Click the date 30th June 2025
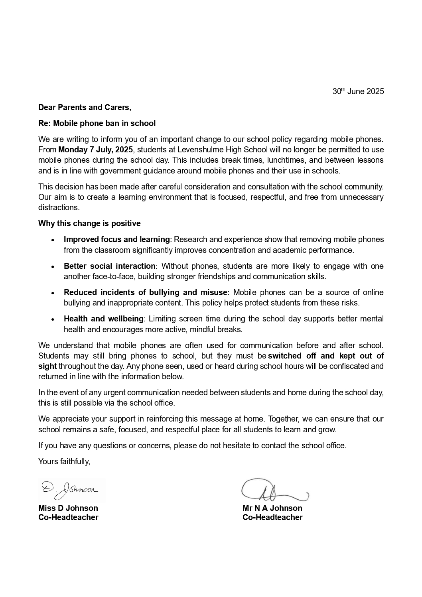(358, 91)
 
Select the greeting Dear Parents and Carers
(85, 107)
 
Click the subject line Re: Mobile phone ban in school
(97, 123)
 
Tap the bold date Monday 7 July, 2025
(96, 150)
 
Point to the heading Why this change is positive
(89, 223)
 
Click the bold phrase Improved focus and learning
(117, 239)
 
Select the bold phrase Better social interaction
(110, 266)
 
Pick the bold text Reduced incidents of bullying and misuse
(146, 292)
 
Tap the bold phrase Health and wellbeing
(104, 319)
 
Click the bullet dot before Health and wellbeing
(53, 319)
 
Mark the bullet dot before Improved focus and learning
(53, 240)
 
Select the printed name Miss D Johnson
(68, 508)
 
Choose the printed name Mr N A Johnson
(272, 508)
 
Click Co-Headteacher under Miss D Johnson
(68, 518)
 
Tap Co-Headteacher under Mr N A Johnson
(272, 518)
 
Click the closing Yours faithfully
(64, 461)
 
